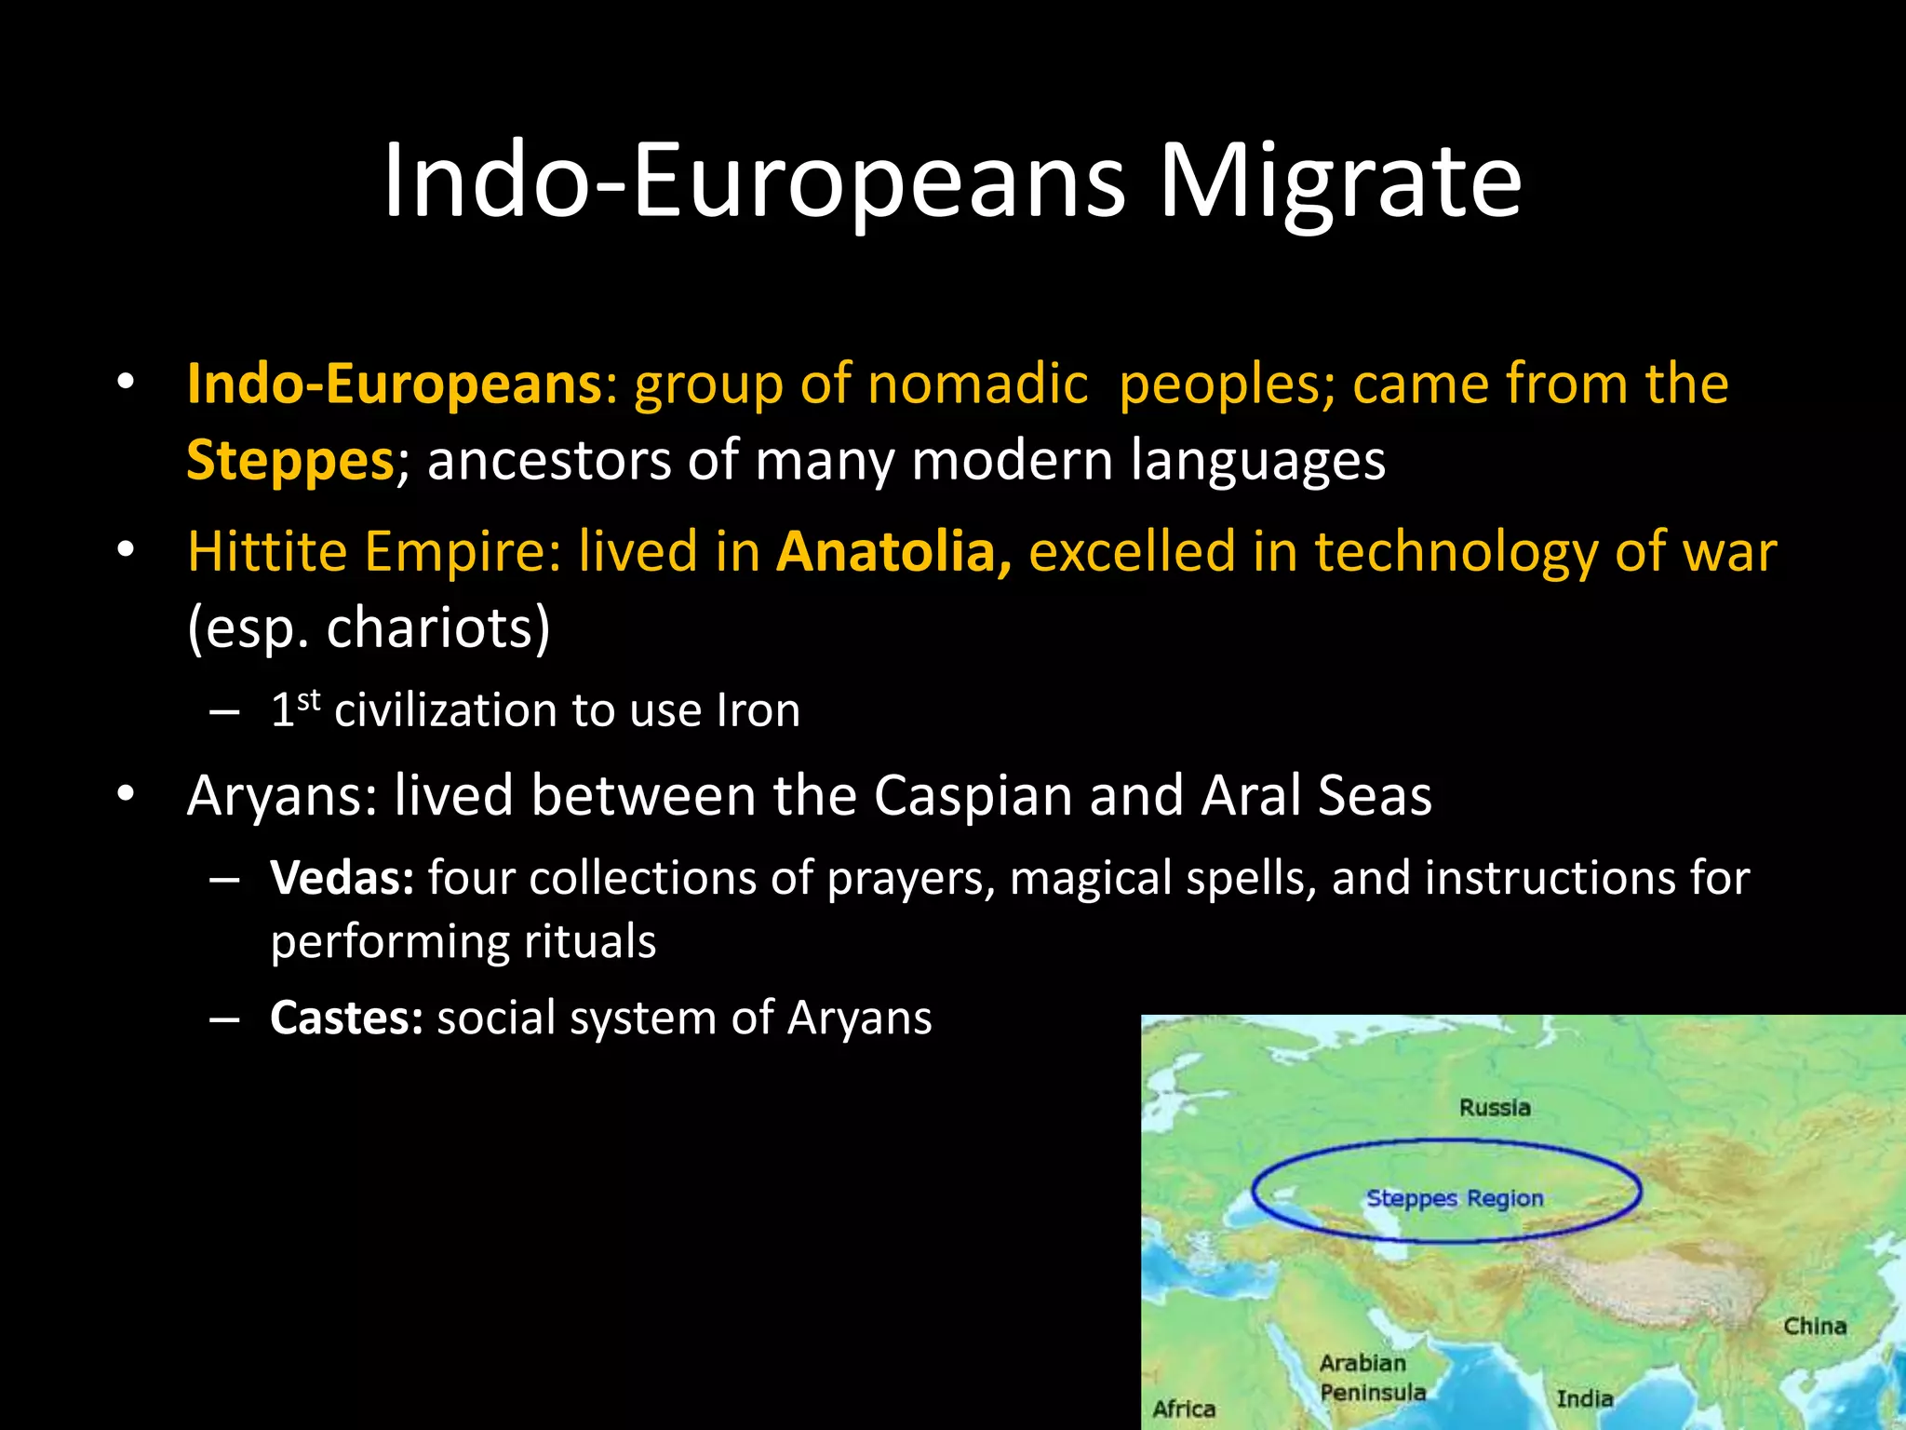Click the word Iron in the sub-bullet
(x=758, y=711)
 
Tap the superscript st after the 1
(x=309, y=700)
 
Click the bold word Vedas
(x=342, y=878)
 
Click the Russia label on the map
(x=1495, y=1108)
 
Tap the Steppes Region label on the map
(x=1454, y=1198)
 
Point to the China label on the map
(x=1814, y=1326)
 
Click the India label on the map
(x=1584, y=1398)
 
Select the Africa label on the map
(x=1184, y=1409)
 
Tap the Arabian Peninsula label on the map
(x=1372, y=1378)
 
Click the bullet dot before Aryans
(x=126, y=794)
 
